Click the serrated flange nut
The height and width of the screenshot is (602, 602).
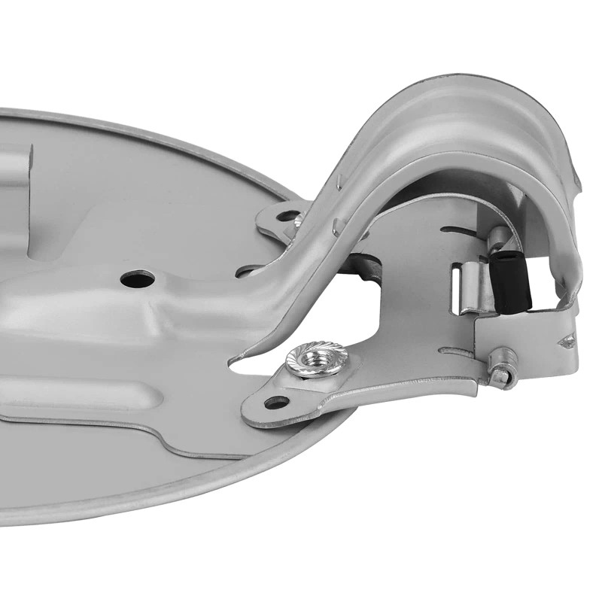pyautogui.click(x=317, y=359)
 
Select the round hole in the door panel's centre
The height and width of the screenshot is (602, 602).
pyautogui.click(x=137, y=279)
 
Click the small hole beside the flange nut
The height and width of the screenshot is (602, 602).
pyautogui.click(x=276, y=403)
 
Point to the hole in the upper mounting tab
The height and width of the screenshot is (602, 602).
pyautogui.click(x=287, y=216)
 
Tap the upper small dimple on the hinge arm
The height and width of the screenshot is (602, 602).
pyautogui.click(x=339, y=181)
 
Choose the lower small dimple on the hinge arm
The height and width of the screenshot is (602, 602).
pyautogui.click(x=337, y=223)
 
